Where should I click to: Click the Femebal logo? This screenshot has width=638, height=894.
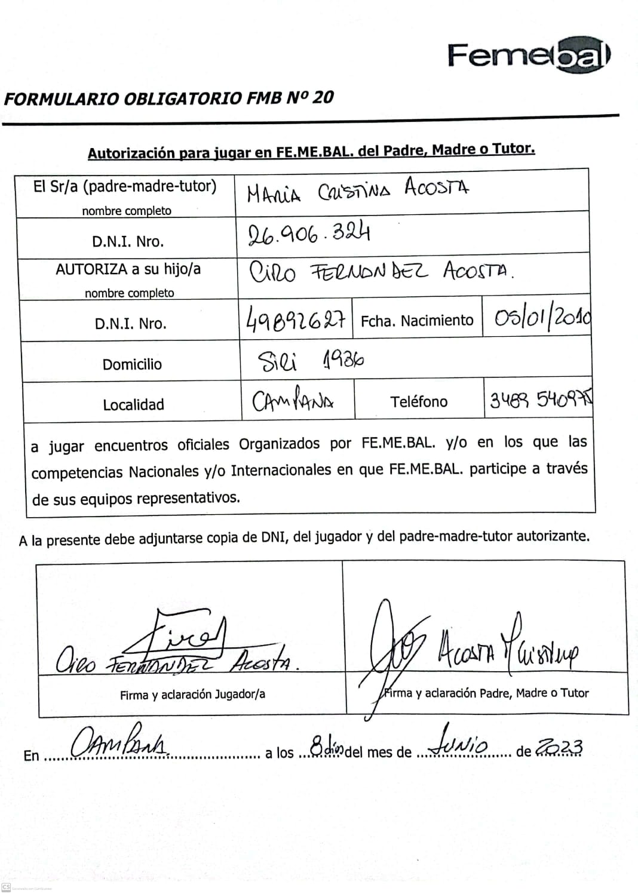click(x=529, y=56)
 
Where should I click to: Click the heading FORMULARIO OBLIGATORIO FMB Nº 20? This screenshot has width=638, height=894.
click(x=168, y=98)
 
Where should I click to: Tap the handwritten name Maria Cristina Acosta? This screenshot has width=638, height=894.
click(x=358, y=191)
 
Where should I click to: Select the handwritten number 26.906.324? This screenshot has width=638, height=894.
click(x=309, y=234)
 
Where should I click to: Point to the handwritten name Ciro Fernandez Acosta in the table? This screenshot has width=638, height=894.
click(x=381, y=272)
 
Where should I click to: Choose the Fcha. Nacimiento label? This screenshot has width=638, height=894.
click(x=417, y=321)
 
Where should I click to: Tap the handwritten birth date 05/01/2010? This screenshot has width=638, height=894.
click(x=542, y=318)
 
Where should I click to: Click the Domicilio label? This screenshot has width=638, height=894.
click(x=132, y=364)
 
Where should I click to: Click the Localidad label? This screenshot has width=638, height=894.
click(x=133, y=404)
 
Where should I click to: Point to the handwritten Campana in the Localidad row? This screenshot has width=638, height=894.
click(x=293, y=401)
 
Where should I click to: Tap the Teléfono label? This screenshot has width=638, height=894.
click(x=419, y=401)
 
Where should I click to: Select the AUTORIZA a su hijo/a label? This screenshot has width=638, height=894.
click(x=128, y=269)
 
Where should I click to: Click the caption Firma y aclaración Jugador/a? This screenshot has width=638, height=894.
click(x=192, y=694)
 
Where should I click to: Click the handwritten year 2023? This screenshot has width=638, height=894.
click(x=559, y=747)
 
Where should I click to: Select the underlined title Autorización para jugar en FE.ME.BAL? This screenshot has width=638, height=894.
click(x=311, y=150)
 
